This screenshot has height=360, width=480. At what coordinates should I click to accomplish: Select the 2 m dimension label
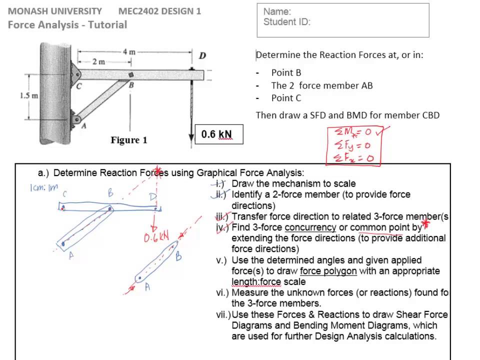click(98, 61)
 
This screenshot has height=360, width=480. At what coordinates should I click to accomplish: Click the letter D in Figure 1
click(202, 55)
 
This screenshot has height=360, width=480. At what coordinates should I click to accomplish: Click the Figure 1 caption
click(129, 140)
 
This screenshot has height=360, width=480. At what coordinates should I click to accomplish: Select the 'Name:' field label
click(277, 11)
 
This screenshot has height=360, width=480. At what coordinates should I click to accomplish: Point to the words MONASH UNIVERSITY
click(55, 11)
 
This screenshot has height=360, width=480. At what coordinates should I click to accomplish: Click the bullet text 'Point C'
click(286, 98)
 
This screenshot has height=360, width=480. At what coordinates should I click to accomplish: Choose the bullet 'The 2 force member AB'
click(321, 85)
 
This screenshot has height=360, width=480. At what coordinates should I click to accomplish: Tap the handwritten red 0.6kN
click(156, 236)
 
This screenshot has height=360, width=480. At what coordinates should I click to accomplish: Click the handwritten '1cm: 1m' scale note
click(43, 188)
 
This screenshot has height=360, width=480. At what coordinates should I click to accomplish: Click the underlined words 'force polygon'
click(328, 271)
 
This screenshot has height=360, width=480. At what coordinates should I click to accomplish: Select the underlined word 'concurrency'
click(310, 227)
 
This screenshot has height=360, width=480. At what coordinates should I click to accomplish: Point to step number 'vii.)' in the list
click(223, 314)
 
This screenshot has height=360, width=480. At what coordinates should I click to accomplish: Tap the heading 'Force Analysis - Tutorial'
click(67, 24)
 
